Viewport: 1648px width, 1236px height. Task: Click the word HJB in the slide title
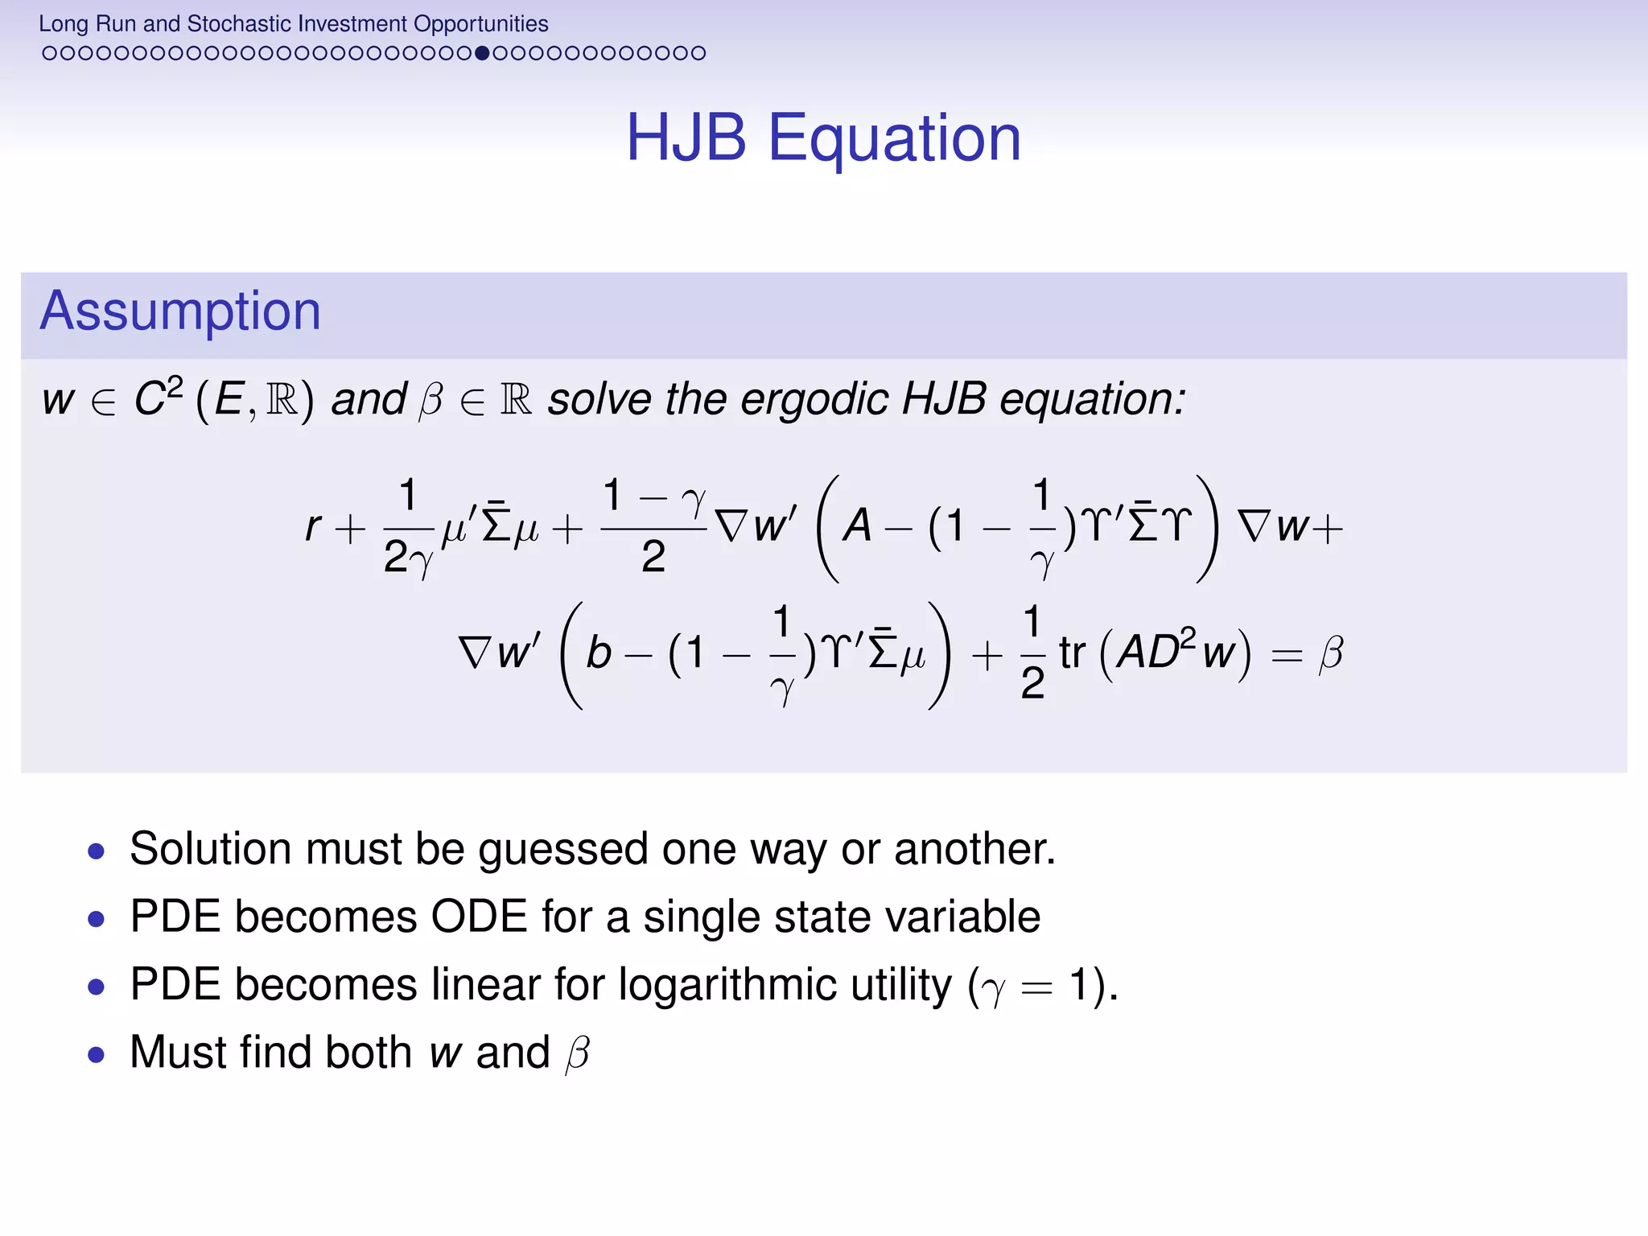(x=686, y=138)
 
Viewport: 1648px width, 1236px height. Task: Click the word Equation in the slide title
(x=894, y=138)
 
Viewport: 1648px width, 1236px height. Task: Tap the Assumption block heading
(x=180, y=311)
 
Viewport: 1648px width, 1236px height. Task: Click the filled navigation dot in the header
(x=482, y=53)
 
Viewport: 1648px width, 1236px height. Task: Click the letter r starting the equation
(x=313, y=527)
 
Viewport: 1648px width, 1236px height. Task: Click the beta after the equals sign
(x=1331, y=653)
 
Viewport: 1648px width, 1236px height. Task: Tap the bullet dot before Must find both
(x=97, y=1054)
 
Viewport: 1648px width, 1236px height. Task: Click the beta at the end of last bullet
(x=578, y=1054)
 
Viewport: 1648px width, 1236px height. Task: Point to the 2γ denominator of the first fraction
(x=408, y=558)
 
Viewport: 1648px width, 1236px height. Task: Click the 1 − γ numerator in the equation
(x=653, y=496)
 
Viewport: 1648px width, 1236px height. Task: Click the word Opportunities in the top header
(x=480, y=24)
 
